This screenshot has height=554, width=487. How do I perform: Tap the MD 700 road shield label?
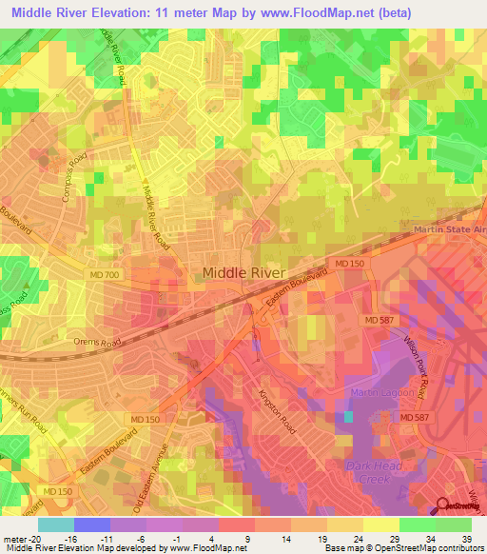[139, 274]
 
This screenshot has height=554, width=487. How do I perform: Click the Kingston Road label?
[275, 408]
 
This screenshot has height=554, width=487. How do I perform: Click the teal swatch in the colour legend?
[55, 524]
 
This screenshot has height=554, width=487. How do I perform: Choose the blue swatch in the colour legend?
[91, 524]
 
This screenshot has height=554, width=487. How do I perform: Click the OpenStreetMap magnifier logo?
[445, 507]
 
